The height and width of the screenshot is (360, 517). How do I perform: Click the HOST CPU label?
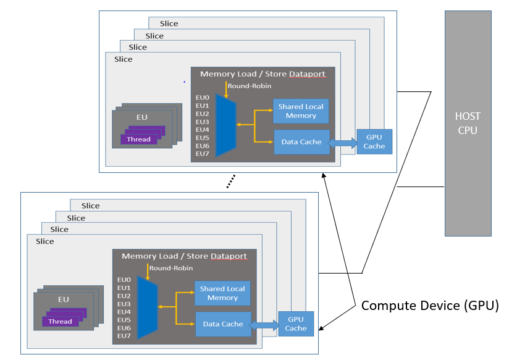pos(468,123)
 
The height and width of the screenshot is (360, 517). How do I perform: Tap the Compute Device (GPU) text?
pos(429,306)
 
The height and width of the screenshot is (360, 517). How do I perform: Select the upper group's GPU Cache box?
pos(374,141)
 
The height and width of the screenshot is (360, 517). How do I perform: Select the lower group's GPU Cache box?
pos(296,324)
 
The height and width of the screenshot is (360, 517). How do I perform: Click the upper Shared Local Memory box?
pos(301,111)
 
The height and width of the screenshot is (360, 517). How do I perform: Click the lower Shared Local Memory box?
pos(222,293)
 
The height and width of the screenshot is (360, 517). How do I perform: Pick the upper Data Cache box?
pos(301,141)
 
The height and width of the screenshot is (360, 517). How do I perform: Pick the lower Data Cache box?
pos(222,324)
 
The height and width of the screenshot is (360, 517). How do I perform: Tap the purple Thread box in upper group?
pos(139,139)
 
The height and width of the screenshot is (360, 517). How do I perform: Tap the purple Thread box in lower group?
pos(61,321)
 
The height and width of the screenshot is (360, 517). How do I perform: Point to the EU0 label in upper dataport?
pos(203,98)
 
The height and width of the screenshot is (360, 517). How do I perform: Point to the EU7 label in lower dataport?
pos(124,335)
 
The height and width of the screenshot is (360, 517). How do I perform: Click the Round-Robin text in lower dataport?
pos(171,268)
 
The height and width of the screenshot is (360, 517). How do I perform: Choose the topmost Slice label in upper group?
pos(169,23)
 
